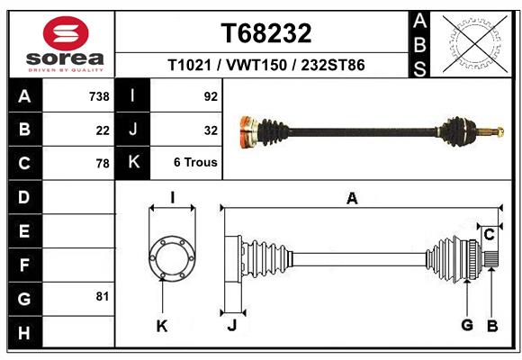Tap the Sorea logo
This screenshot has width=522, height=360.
pos(66,44)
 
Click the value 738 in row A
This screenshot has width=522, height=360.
pos(98,96)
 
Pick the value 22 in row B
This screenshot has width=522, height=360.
pos(102,130)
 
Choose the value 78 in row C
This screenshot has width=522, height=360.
pos(102,164)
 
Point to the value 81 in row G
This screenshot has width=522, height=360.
pos(102,296)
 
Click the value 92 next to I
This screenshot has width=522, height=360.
pos(211,96)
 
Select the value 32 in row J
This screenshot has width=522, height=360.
pos(211,130)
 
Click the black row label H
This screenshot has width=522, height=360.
pos(24,333)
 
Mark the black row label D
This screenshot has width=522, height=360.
pos(24,197)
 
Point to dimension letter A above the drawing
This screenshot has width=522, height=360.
pos(352,199)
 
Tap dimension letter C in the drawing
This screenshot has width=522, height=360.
pos(489,235)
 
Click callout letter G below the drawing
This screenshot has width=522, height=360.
pos(467,325)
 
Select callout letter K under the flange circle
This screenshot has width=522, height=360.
pos(162,326)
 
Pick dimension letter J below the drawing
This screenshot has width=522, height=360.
pos(231,326)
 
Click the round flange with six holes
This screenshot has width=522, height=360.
pos(171,256)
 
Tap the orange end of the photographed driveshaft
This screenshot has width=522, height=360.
pos(244,131)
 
